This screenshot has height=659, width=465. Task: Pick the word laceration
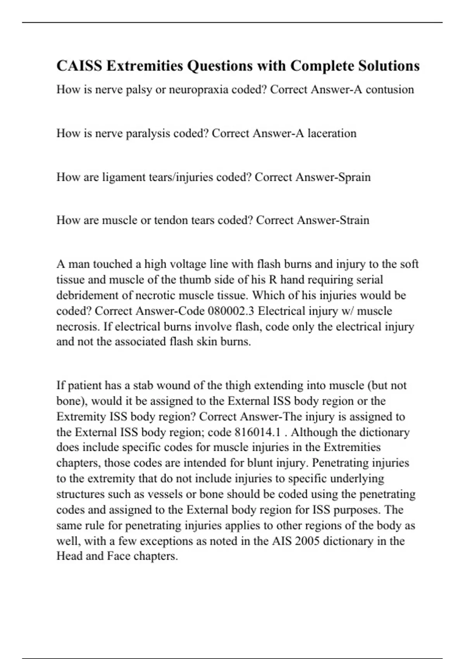click(332, 133)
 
